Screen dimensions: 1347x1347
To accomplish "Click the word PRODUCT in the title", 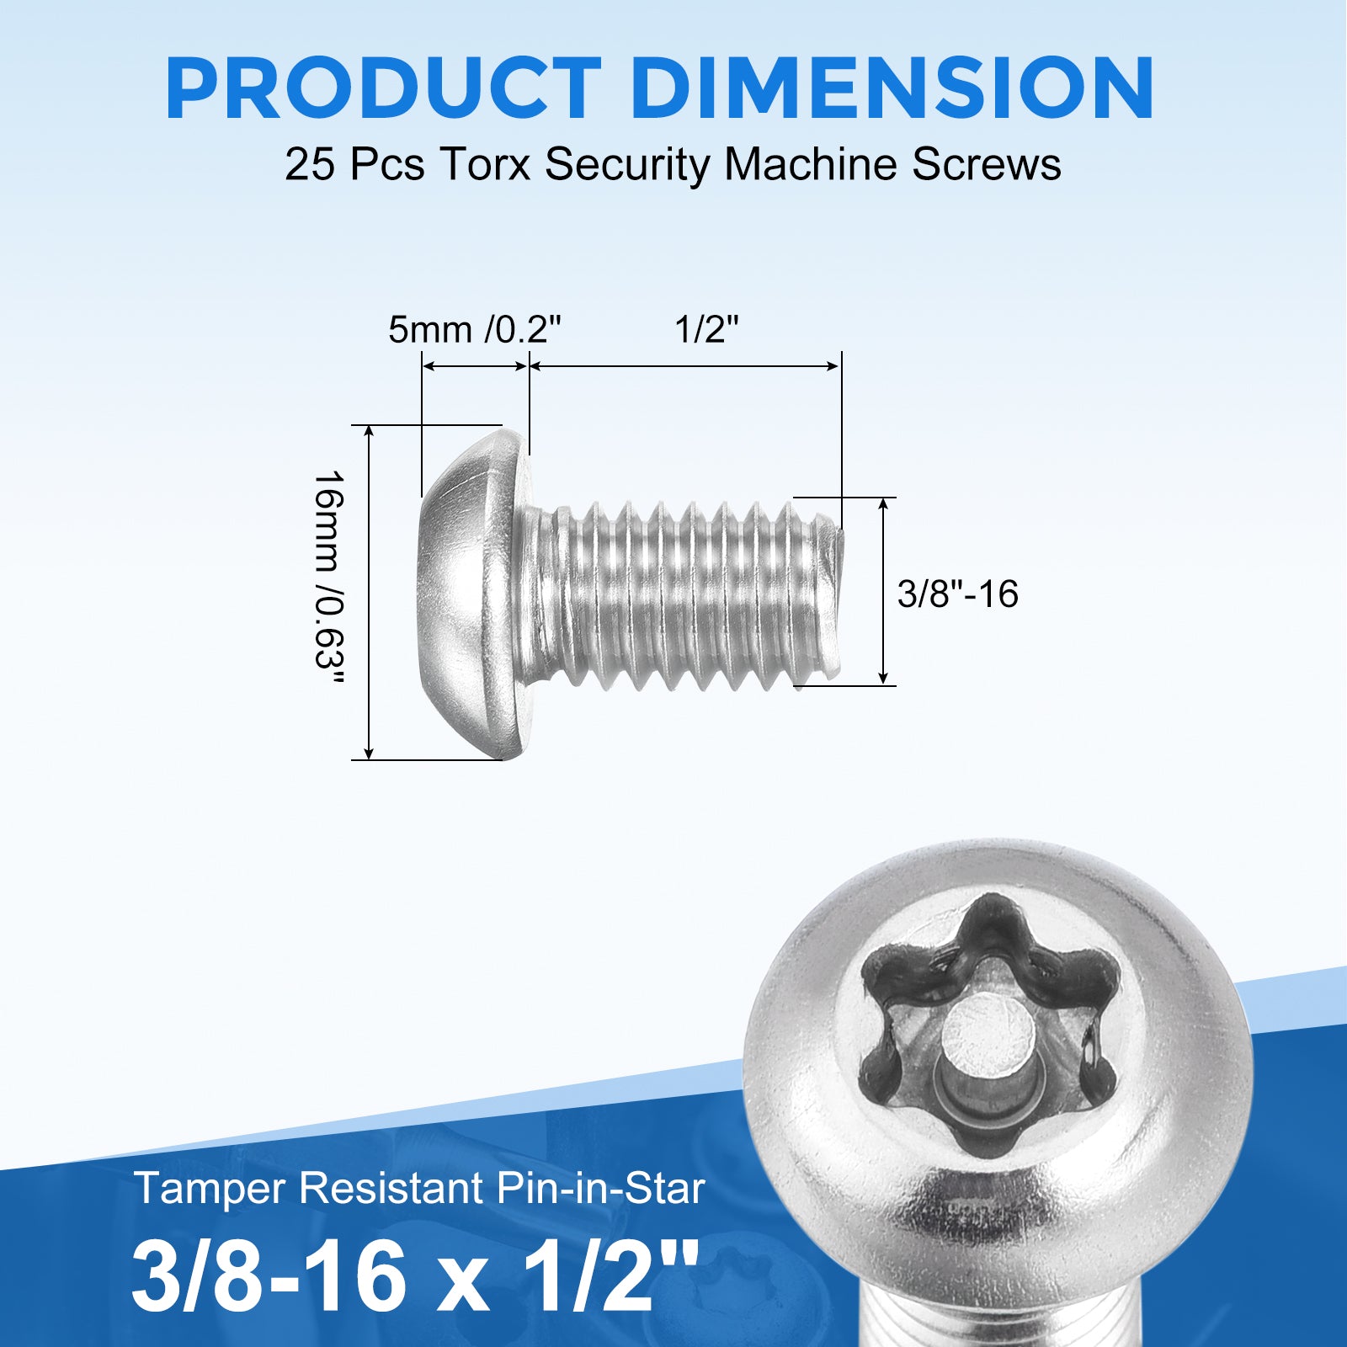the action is point(384,88).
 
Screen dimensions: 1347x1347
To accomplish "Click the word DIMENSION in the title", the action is point(892,88).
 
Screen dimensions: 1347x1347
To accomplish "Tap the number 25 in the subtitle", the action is point(311,163).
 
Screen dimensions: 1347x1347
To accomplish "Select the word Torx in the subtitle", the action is point(485,163).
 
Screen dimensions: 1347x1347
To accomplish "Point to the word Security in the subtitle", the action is point(627,165).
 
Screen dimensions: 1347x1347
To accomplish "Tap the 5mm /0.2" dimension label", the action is point(474,329).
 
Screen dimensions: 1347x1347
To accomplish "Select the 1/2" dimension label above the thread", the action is point(706,328).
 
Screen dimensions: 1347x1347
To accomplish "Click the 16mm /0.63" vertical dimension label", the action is point(328,579).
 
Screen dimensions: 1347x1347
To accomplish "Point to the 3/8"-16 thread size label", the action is point(957,594).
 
